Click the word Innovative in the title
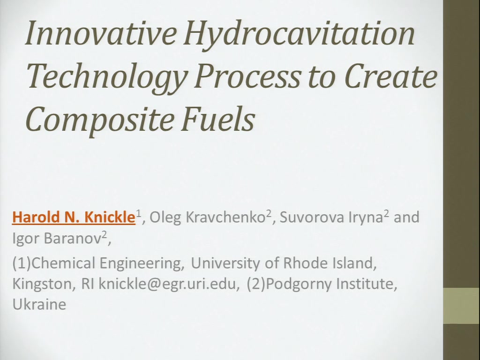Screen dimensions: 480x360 pos(101,33)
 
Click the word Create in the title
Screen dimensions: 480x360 pos(390,76)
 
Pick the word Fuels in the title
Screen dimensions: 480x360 pos(217,119)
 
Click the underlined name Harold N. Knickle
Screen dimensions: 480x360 pos(74,217)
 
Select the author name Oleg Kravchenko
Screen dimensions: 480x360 pos(207,217)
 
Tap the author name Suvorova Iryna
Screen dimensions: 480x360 pos(331,217)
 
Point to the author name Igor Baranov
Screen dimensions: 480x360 pos(57,238)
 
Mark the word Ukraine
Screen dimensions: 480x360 pos(39,304)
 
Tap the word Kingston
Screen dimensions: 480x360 pos(42,284)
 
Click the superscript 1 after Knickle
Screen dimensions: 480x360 pos(138,213)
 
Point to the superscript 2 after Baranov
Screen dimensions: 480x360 pos(105,234)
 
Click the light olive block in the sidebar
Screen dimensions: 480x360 pos(461,306)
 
